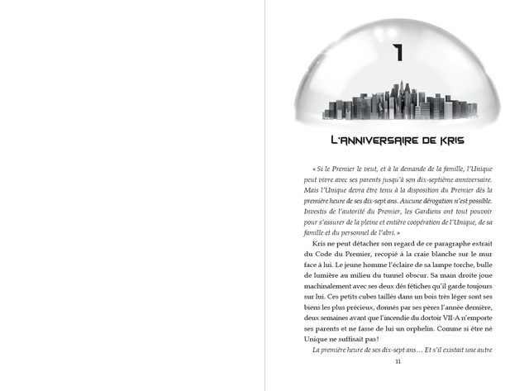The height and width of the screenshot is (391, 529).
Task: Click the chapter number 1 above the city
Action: click(398, 53)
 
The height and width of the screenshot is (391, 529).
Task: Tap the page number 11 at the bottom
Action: click(398, 361)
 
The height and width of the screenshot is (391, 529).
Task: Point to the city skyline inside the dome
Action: click(398, 100)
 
